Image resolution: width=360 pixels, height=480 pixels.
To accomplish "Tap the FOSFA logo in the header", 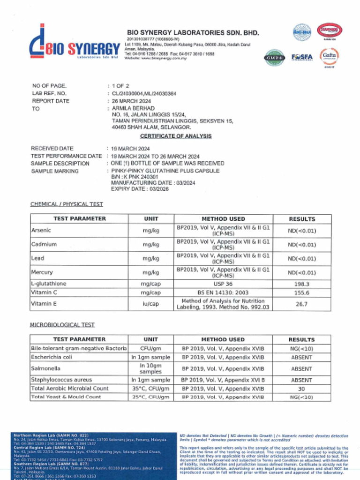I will click(x=301, y=57).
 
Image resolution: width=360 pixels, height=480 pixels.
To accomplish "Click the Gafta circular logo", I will click(x=329, y=56).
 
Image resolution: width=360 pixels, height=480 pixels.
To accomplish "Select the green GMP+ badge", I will click(x=274, y=58).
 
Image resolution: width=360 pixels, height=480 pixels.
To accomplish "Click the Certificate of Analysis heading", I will click(x=176, y=136).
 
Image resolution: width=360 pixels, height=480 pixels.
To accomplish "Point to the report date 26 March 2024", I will click(x=131, y=101).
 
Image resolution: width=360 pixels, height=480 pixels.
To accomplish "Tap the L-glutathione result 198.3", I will click(x=301, y=284).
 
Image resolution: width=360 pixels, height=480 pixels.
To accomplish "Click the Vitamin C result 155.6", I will click(x=301, y=292).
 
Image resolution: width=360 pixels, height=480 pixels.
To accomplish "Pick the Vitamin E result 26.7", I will click(x=301, y=304).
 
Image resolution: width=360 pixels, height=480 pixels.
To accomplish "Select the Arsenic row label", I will click(x=41, y=231).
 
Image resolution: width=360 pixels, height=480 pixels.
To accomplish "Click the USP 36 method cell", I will click(x=223, y=284).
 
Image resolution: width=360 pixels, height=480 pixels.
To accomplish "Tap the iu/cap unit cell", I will click(x=150, y=304).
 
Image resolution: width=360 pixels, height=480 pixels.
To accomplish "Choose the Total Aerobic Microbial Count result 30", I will click(x=301, y=389).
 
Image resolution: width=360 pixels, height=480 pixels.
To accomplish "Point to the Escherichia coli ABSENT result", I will click(x=301, y=357).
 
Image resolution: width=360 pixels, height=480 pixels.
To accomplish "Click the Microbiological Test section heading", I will click(x=62, y=325).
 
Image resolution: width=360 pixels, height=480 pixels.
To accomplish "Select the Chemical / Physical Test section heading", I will click(x=67, y=204).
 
